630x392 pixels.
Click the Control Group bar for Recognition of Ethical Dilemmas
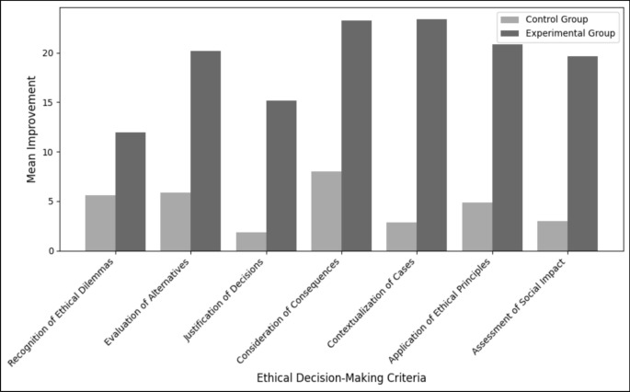(x=100, y=223)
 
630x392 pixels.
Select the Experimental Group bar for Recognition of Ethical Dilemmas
(x=131, y=191)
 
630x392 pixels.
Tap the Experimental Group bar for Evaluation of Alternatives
(x=205, y=151)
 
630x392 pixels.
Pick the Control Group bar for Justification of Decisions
(x=251, y=241)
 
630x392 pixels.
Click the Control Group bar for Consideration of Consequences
(x=326, y=211)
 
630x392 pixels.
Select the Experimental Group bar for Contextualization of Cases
(x=431, y=135)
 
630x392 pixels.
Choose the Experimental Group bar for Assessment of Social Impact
(x=582, y=154)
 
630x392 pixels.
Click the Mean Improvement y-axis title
(x=31, y=129)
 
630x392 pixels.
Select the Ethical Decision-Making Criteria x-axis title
(x=341, y=377)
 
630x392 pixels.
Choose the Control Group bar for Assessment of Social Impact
(x=552, y=236)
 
